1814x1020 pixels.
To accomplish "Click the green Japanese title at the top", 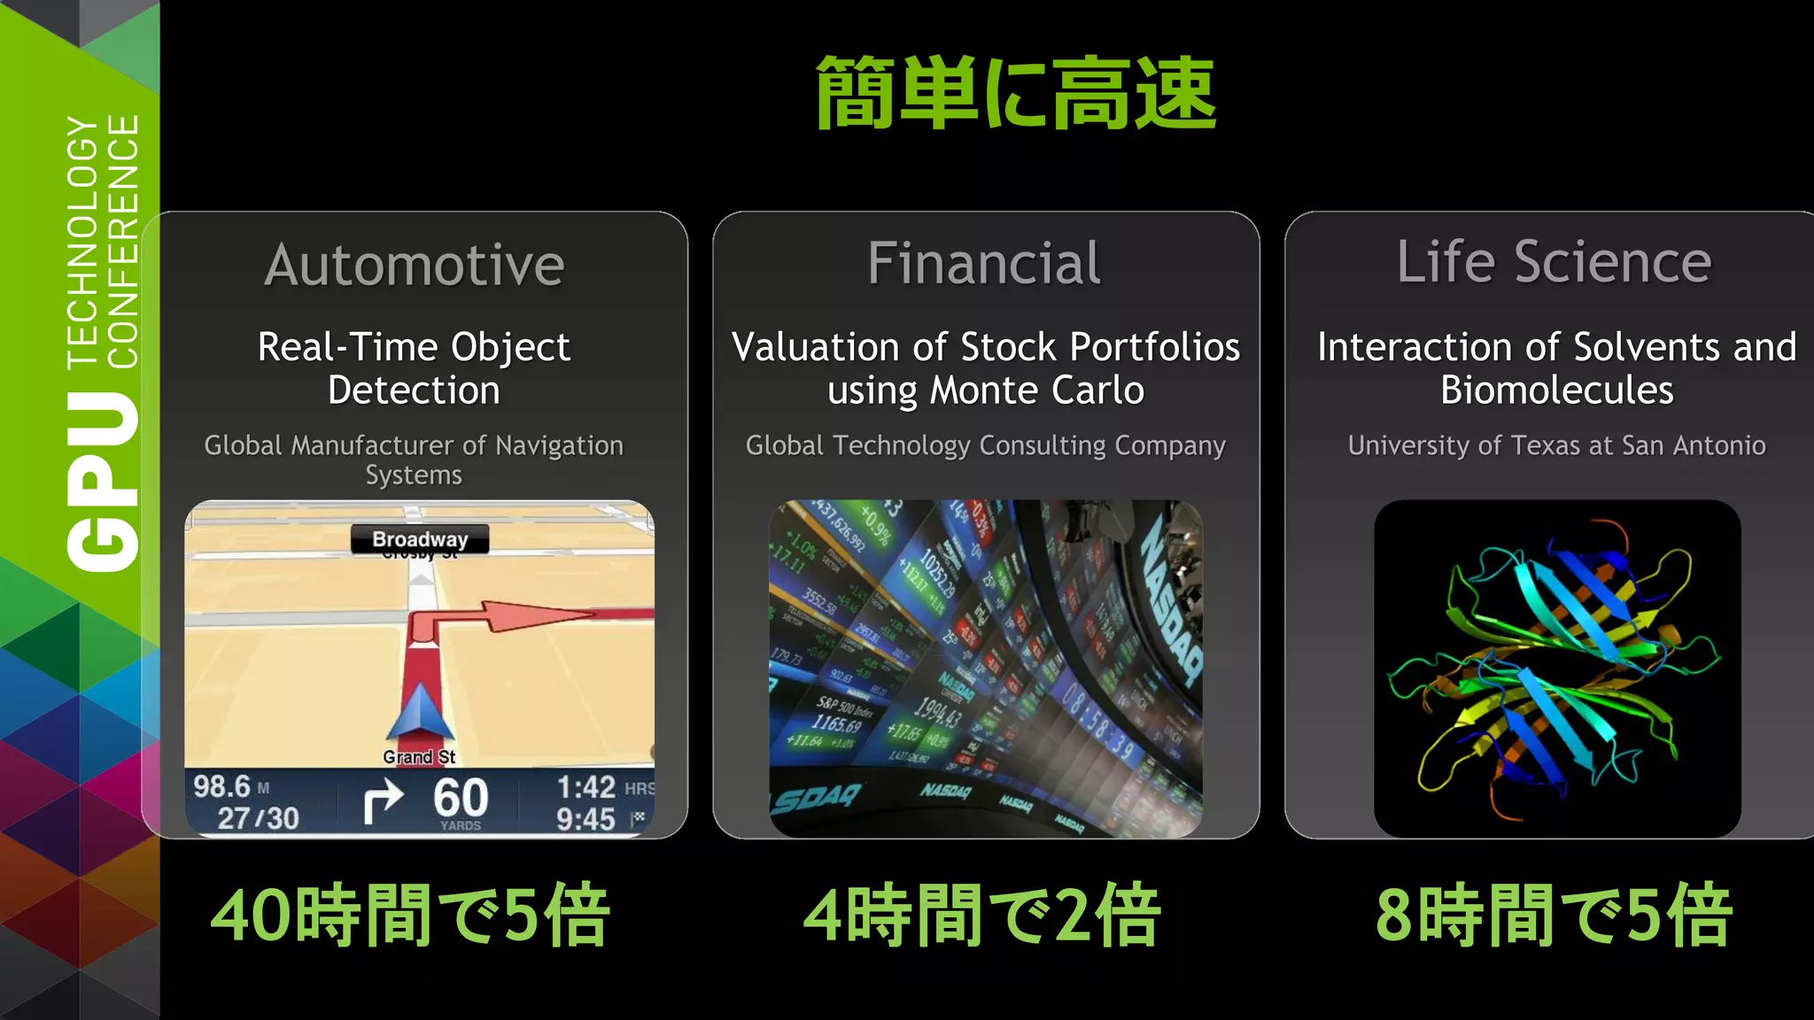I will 1015,94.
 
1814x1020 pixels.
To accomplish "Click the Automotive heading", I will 414,265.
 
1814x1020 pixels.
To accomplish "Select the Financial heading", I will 984,263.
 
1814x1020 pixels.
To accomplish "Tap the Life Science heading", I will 1554,262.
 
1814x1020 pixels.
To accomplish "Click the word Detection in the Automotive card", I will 414,390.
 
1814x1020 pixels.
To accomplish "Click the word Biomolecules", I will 1556,390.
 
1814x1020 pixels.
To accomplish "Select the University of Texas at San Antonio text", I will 1556,445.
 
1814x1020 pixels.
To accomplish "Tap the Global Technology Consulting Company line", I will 985,445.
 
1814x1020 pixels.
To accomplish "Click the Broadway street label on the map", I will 420,539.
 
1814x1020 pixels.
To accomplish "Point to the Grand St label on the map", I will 419,757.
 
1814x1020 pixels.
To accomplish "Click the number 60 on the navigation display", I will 461,797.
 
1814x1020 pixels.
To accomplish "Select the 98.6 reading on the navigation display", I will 222,786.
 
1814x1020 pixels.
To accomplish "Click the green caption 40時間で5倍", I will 410,916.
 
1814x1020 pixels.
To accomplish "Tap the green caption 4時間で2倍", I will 981,916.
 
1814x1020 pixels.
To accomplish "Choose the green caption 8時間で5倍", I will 1554,916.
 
